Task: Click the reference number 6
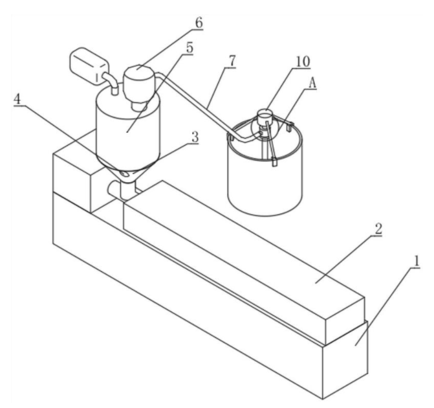(x=199, y=23)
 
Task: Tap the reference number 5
(x=190, y=47)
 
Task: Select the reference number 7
(x=232, y=61)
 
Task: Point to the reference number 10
(x=303, y=62)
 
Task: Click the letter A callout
(x=312, y=83)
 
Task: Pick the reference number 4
(x=17, y=98)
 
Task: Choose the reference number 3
(x=195, y=137)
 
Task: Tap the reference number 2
(x=378, y=229)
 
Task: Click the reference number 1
(x=416, y=261)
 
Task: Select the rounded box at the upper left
(x=88, y=65)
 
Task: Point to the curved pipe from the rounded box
(x=111, y=82)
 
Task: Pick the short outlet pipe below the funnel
(x=128, y=190)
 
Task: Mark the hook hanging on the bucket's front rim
(x=274, y=162)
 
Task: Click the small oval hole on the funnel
(x=125, y=174)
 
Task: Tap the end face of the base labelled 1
(x=345, y=359)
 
